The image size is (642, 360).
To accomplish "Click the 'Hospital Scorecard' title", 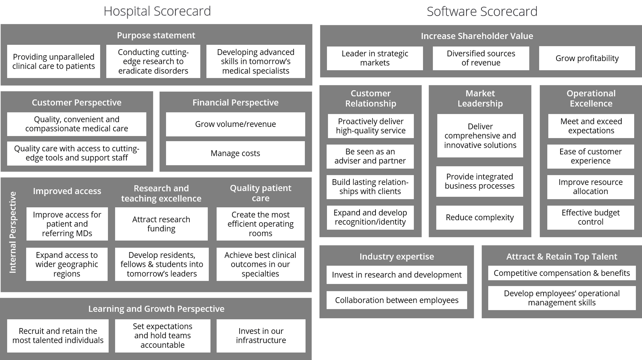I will point(157,11).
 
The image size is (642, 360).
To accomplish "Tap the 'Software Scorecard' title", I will point(482,12).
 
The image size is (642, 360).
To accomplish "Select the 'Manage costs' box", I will point(235,153).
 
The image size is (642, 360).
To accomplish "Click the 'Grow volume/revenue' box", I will point(235,124).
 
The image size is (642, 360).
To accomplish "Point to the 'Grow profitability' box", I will point(587,58).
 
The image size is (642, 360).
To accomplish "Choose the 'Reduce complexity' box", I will point(479,217).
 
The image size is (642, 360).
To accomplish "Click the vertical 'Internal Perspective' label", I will point(13,232).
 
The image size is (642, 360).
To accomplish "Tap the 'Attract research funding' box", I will point(161,224).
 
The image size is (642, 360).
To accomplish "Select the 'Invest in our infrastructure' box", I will point(261,336).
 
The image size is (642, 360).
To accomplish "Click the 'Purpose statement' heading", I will point(156,35).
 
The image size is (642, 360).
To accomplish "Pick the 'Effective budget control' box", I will point(590,217).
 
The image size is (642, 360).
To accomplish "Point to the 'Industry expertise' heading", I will point(397,257).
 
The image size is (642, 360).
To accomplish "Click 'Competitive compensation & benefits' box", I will point(562,273).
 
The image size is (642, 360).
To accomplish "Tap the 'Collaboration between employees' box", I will point(397,300).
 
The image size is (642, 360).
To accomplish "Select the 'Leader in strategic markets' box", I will point(375,58).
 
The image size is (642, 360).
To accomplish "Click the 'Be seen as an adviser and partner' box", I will point(370,156).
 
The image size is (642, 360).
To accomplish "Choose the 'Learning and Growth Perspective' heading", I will point(156,309).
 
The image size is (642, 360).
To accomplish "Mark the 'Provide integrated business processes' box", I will point(479,182).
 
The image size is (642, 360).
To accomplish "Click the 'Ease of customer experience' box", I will point(590,156).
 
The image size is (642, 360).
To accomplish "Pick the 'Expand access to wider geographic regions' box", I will point(67,264).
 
